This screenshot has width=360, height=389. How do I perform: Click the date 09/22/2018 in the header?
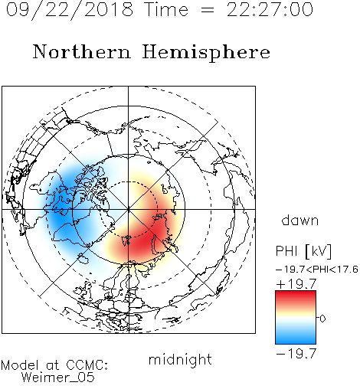coord(70,9)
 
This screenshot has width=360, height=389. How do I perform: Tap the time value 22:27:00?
coord(270,9)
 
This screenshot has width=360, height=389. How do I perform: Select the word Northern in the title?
coord(82,52)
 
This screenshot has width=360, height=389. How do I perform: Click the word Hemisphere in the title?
coord(206,53)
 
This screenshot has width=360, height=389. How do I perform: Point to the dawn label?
coord(300,220)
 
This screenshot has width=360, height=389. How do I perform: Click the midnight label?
coord(180,359)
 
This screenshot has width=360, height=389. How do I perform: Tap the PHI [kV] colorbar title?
coord(303,251)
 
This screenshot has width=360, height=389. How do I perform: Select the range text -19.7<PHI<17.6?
coord(317,270)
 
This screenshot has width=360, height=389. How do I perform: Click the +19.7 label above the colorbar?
coord(296,284)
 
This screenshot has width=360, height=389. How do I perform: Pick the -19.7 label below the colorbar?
coord(296,354)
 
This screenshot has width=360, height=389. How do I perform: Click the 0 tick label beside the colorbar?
coord(322,319)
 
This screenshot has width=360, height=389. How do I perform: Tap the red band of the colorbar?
coord(296,297)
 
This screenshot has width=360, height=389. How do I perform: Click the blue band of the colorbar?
coord(296,336)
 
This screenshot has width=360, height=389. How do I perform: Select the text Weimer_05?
coord(58,377)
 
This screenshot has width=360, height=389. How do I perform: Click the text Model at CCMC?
coord(54,365)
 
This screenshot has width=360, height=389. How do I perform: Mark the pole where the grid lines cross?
coord(129,209)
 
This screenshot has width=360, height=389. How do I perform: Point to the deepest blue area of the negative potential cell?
coord(61,212)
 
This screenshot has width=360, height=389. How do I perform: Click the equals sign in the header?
coord(207,10)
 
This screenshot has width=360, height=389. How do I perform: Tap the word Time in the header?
coord(166,9)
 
